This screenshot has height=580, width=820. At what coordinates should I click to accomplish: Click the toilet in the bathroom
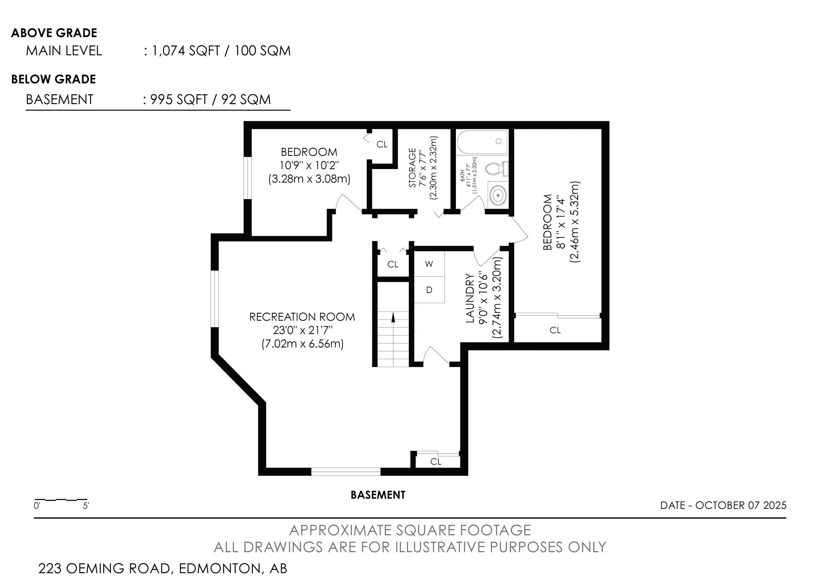tap(497, 169)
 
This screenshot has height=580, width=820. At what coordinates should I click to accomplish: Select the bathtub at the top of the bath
tap(482, 142)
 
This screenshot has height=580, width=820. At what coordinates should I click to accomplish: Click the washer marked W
tap(429, 264)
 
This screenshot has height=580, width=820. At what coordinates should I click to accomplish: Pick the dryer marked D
tap(429, 290)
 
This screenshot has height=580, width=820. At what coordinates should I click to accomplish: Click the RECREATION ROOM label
tap(302, 317)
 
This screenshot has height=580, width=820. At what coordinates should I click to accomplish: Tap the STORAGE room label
tap(412, 168)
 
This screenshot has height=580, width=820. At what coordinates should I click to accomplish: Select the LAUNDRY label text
tap(470, 298)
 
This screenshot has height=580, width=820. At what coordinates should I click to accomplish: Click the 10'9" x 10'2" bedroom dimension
tap(309, 165)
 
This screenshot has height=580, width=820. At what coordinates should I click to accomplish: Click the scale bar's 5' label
tap(86, 506)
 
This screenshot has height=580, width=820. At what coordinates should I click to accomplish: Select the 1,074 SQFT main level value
tap(186, 51)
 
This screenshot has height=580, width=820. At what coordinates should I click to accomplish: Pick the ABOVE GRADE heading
tap(54, 33)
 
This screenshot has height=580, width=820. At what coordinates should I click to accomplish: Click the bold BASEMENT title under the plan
tap(378, 495)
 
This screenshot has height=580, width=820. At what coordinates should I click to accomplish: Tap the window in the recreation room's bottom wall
tap(346, 472)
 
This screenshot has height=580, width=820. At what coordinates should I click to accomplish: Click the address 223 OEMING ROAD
tap(104, 568)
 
